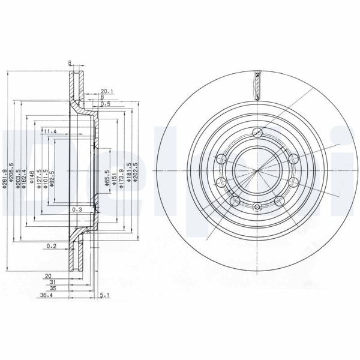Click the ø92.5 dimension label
[53, 179]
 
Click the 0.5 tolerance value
[106, 103]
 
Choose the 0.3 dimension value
[76, 210]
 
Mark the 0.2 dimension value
[52, 246]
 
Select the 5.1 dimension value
[105, 295]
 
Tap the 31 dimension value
[53, 282]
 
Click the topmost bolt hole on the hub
[258, 133]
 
